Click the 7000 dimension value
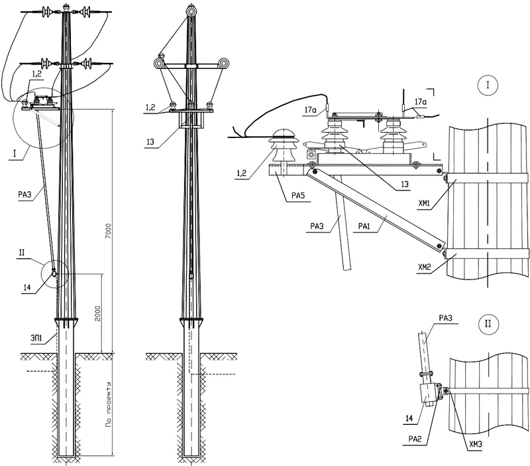click(108, 231)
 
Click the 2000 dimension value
click(97, 313)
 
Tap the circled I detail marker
click(488, 86)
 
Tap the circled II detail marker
click(488, 324)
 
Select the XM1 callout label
click(424, 204)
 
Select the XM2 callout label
click(424, 268)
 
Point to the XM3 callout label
click(475, 444)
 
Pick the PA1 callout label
click(364, 226)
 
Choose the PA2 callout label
click(415, 439)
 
